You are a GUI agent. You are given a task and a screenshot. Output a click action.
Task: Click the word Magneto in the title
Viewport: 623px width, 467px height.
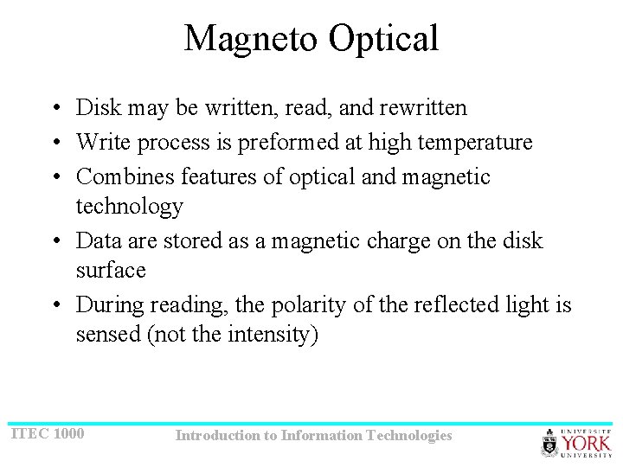(x=247, y=38)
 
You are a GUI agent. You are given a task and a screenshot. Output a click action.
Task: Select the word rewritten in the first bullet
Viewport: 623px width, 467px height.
(x=423, y=108)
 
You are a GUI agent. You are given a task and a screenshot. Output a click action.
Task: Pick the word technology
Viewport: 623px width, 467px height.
(x=130, y=207)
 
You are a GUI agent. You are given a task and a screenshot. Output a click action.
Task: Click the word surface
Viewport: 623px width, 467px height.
(x=111, y=271)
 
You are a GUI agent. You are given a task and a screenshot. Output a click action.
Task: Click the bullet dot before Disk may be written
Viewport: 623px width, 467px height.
(x=55, y=109)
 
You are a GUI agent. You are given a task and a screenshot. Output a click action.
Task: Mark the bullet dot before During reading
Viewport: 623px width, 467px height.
(x=55, y=305)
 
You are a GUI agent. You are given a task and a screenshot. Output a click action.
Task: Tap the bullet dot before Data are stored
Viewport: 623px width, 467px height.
(x=55, y=241)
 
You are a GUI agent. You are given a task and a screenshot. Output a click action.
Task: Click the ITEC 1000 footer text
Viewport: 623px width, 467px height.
(x=47, y=432)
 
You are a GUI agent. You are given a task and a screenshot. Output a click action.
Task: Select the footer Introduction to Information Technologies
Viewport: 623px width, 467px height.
(x=313, y=435)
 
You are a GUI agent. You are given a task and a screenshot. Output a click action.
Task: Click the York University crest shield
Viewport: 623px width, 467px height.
(x=549, y=444)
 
